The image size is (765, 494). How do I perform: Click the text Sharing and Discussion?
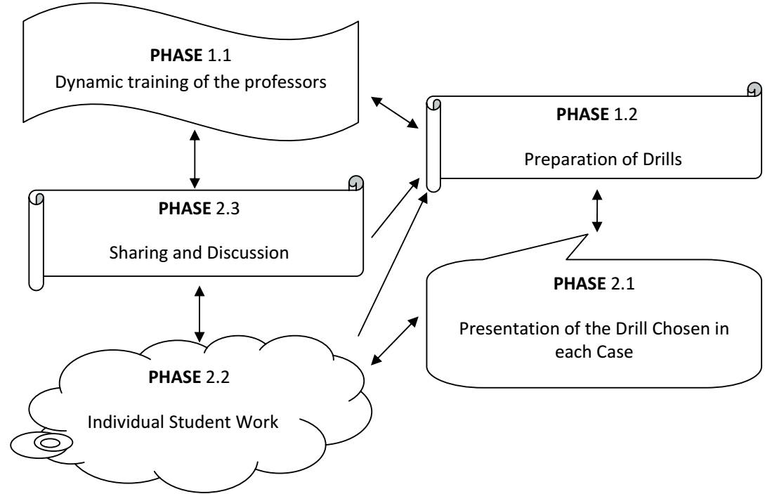198,252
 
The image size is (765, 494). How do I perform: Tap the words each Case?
595,353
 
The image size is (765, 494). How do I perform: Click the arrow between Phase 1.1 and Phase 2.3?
195,162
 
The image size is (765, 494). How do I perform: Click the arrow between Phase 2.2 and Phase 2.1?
398,341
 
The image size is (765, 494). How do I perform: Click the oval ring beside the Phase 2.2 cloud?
47,443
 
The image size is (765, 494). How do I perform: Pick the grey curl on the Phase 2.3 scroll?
355,182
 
